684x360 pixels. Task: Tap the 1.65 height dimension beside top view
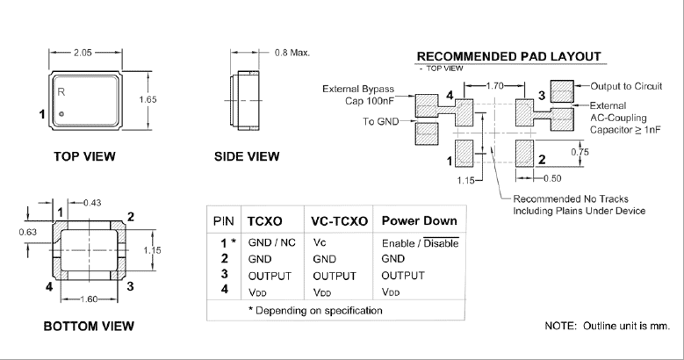point(149,100)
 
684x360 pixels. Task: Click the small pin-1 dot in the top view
point(61,114)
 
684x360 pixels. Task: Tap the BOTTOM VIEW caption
point(88,327)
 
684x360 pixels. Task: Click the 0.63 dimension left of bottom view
point(29,233)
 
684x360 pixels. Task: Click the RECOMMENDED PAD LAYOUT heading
point(508,56)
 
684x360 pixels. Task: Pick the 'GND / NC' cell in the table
point(273,242)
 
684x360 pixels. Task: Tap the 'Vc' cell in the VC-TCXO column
point(320,242)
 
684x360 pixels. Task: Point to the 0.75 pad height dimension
point(580,151)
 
